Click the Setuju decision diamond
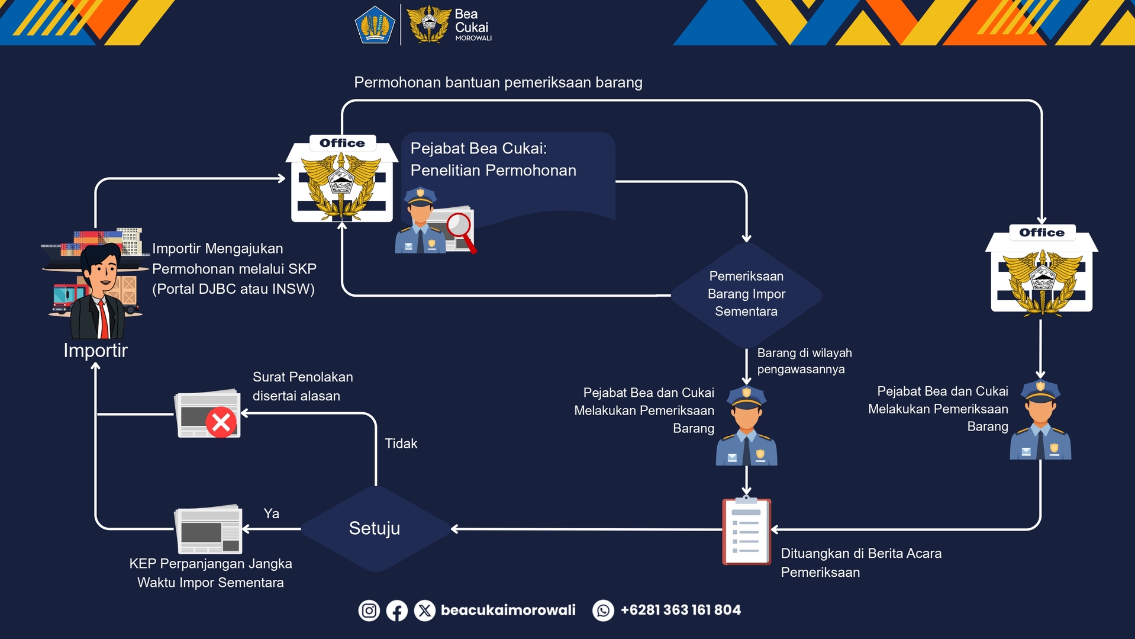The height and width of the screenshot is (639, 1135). point(375,528)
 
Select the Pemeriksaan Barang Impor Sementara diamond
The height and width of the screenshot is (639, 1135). point(746,294)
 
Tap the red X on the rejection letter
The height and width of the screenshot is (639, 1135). point(221,422)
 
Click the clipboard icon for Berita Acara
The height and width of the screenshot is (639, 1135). point(746,531)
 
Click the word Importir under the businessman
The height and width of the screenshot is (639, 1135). point(95,351)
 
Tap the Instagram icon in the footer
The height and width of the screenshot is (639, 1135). point(369,610)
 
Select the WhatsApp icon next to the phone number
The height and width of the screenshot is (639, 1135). point(603,610)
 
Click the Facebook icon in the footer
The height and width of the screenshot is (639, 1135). point(397,610)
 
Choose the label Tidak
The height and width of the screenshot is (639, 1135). point(401,444)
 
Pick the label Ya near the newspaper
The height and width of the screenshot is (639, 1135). point(271,513)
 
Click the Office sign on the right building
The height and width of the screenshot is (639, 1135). point(1042,233)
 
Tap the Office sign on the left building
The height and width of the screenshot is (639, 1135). point(342,143)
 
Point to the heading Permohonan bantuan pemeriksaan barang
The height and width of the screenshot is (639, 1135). point(498,82)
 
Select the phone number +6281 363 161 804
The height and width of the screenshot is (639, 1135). point(680,610)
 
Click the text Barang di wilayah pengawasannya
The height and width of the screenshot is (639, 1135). point(804,361)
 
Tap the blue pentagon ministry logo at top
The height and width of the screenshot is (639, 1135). point(375,25)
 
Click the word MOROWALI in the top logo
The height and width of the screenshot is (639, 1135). point(473,38)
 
